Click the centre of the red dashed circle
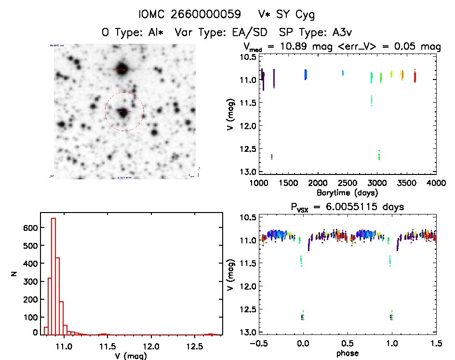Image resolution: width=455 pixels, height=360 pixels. point(124,111)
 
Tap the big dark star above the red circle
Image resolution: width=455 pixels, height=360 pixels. point(121,68)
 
